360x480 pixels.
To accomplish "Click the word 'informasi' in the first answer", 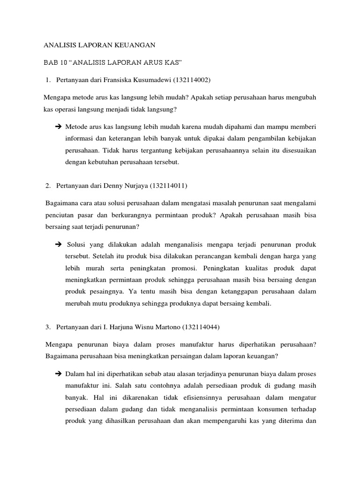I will [79, 139].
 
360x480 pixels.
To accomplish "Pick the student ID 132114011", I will [168, 186].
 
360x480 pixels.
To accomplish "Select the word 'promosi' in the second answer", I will [187, 268].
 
